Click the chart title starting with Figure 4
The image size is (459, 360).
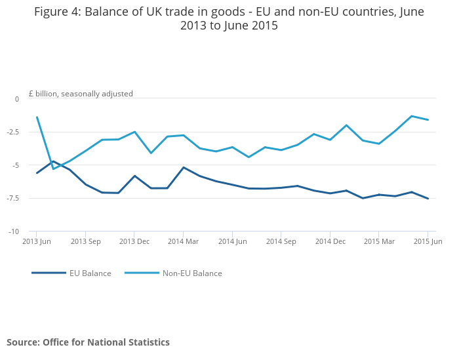point(229,18)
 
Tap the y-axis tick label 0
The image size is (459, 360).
point(17,99)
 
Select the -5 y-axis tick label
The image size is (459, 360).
point(16,165)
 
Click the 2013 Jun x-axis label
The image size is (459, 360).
point(37,242)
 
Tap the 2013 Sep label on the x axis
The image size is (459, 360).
point(86,242)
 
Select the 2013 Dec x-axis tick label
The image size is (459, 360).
point(134,242)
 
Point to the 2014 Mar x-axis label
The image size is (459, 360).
point(183,242)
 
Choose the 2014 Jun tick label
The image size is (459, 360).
point(232,242)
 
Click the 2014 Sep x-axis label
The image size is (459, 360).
point(281,242)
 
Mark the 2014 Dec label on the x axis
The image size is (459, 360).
point(330,242)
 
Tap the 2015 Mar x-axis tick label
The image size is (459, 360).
point(379,242)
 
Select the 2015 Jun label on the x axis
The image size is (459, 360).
point(428,242)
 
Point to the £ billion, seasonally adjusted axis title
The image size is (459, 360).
point(81,94)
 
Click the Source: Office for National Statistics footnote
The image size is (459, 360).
point(88,342)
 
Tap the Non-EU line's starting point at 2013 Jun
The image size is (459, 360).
point(37,117)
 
